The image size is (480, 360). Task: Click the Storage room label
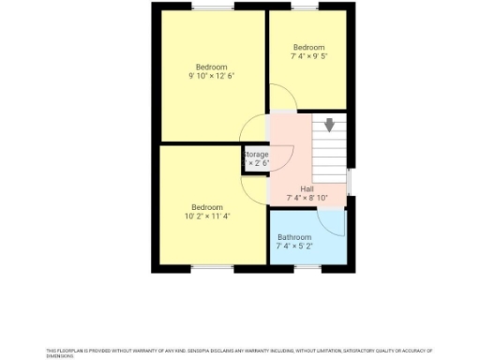[257, 154]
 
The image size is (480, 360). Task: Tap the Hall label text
[307, 188]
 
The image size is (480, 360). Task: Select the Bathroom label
[294, 237]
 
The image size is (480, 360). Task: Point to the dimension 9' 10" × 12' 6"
[211, 76]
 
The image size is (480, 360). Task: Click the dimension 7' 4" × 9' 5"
[308, 56]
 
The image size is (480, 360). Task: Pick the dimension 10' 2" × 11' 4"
[207, 216]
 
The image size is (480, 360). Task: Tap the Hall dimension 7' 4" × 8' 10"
[307, 198]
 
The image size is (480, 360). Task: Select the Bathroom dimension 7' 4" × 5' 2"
[294, 247]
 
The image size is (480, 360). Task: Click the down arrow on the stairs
[329, 125]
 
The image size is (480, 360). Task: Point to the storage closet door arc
[284, 155]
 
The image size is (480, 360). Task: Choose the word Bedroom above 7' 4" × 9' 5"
[308, 47]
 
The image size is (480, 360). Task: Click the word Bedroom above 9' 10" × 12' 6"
[211, 67]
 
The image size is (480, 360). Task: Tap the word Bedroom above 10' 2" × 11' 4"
[207, 206]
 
